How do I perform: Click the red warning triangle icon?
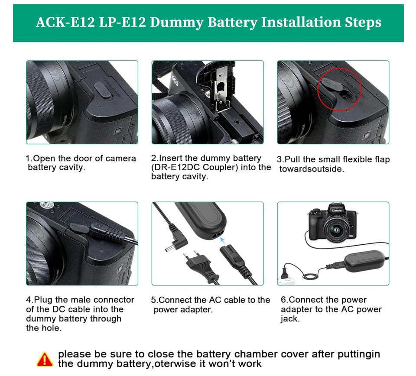[x=45, y=359]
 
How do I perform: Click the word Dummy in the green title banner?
[x=177, y=22]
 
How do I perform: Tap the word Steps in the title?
[x=363, y=23]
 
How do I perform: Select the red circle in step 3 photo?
[x=340, y=89]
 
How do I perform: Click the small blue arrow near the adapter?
[x=222, y=240]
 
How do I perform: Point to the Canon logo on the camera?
[x=336, y=210]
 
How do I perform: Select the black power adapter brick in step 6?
[x=365, y=262]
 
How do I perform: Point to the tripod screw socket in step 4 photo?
[x=47, y=205]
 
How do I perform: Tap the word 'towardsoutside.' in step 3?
[x=312, y=169]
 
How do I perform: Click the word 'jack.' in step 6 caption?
[x=290, y=319]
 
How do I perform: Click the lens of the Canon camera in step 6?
[x=336, y=229]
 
